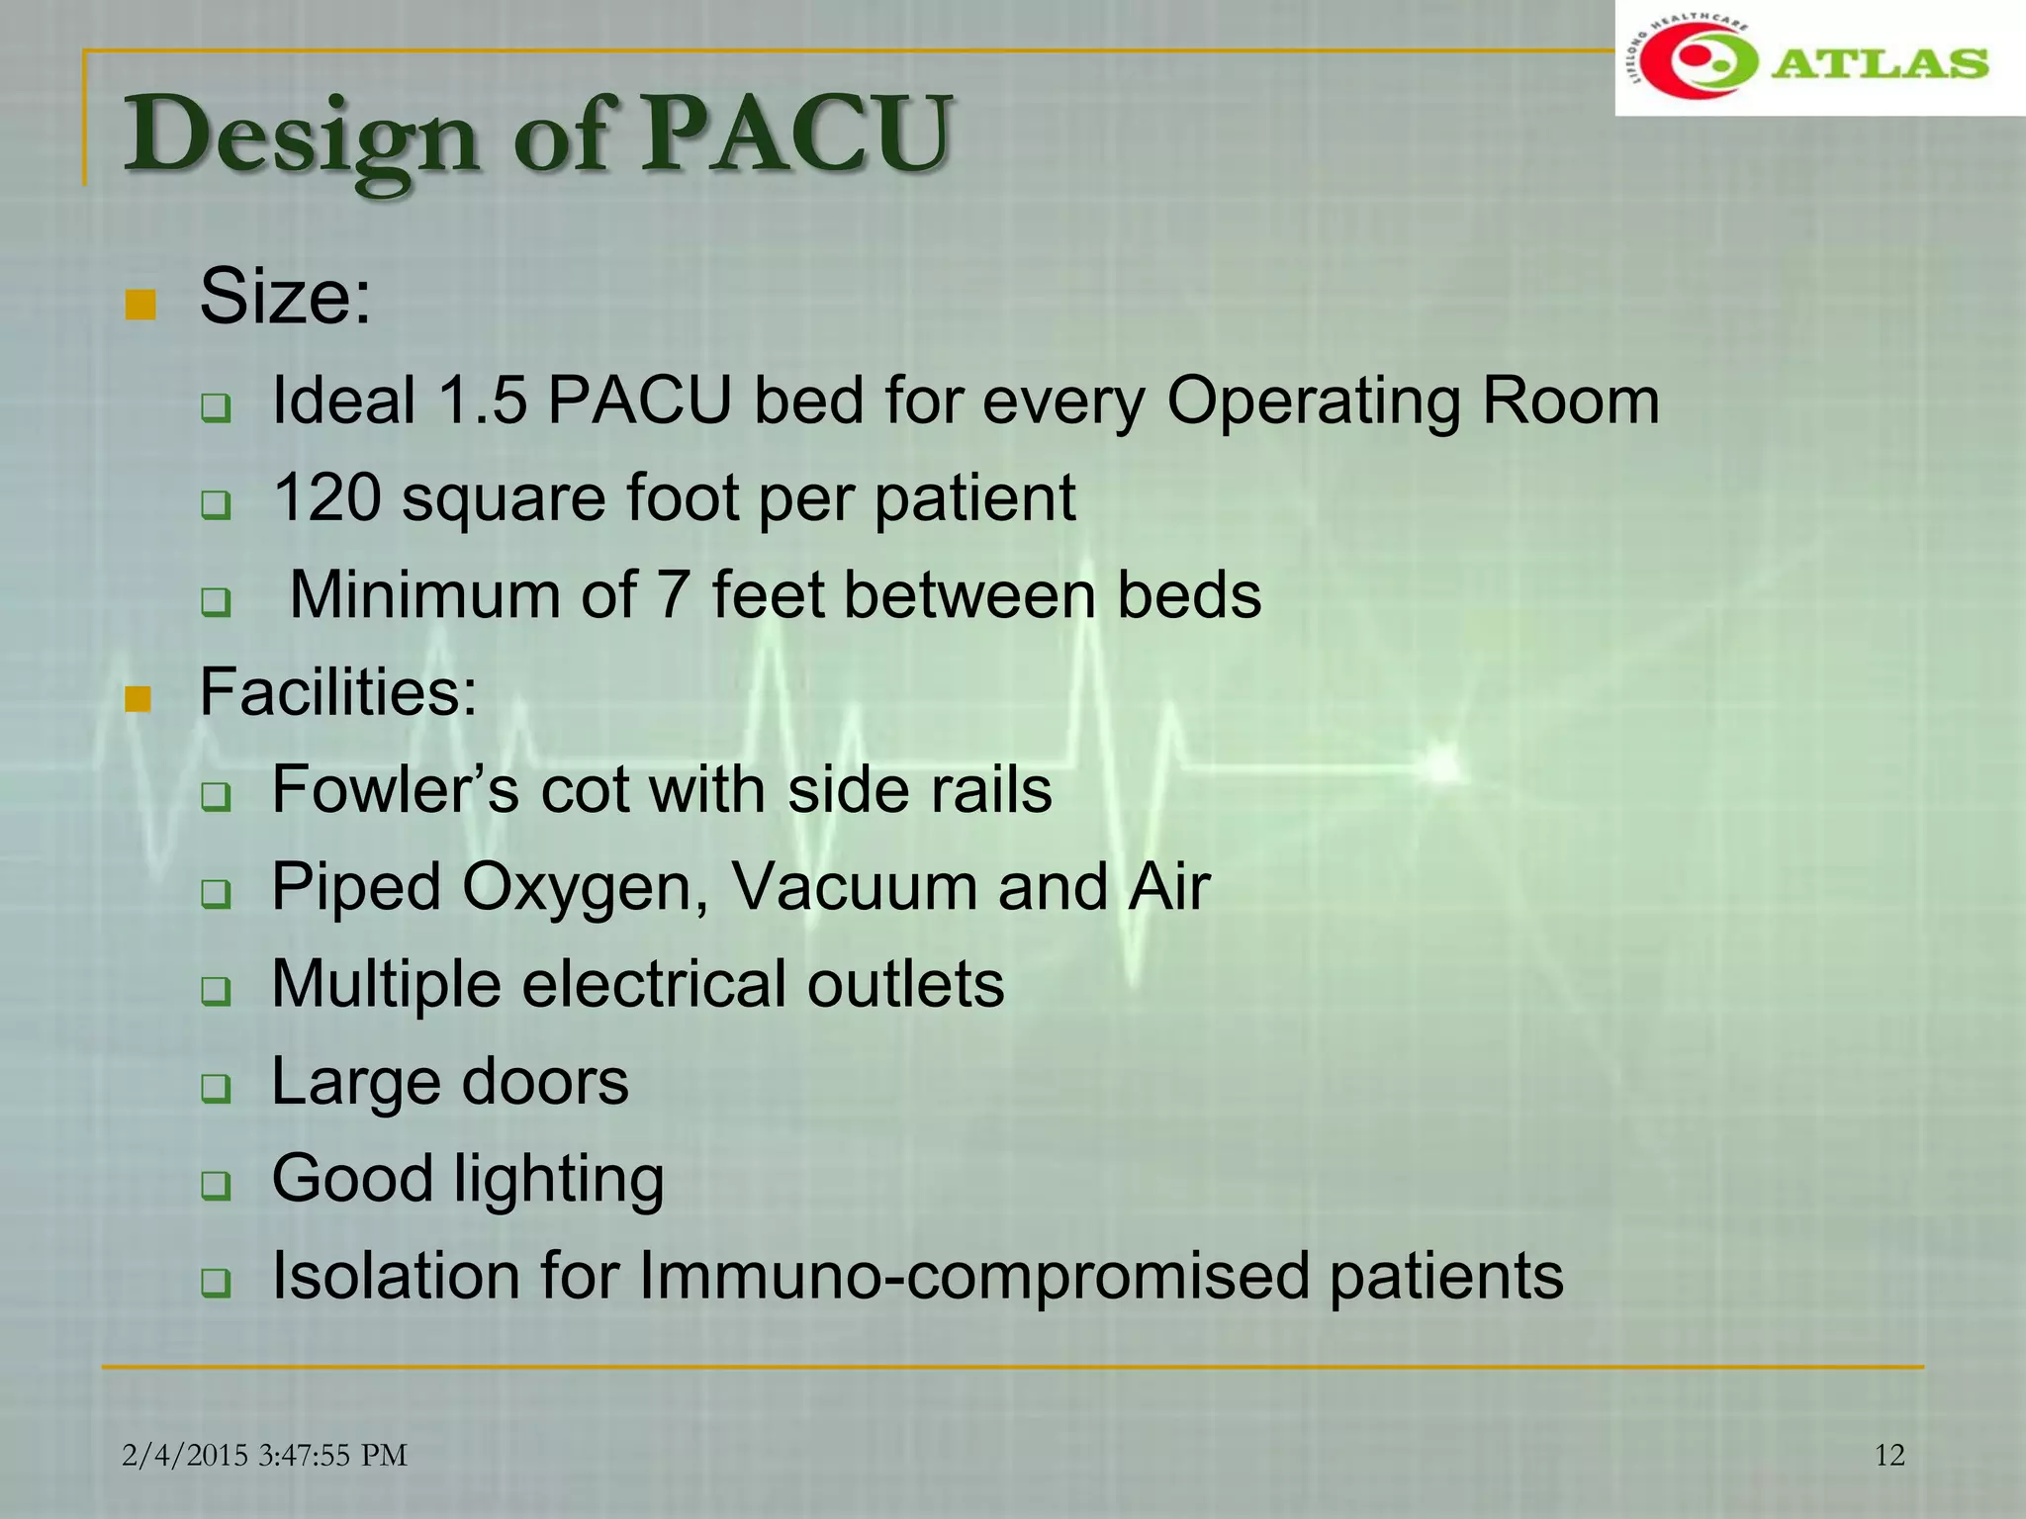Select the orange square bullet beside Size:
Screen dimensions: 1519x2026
[x=140, y=306]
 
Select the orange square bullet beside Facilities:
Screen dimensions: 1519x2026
[x=138, y=699]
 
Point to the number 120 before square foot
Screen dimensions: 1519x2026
[x=326, y=497]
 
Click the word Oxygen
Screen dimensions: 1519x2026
[x=585, y=887]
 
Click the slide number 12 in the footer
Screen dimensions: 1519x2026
[x=1889, y=1455]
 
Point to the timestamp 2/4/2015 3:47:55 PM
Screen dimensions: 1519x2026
[x=265, y=1455]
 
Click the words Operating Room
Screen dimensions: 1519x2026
[x=1413, y=402]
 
